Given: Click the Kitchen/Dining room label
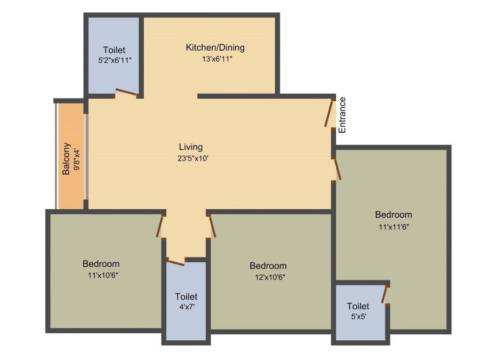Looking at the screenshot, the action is (x=215, y=47).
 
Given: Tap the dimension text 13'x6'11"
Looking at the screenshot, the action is (x=217, y=59).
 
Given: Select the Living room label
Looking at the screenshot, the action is (x=191, y=147).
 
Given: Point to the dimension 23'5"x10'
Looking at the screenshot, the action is (x=193, y=158).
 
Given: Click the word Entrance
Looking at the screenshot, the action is (x=342, y=115).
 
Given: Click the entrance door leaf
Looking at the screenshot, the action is (x=329, y=113).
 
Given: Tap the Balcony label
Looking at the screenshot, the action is (x=66, y=158).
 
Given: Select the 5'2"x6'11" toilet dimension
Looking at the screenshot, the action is (x=115, y=60).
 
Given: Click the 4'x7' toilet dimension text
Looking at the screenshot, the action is (x=187, y=307).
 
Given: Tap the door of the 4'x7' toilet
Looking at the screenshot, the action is (x=177, y=262).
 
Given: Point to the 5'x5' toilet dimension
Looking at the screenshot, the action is (x=359, y=316).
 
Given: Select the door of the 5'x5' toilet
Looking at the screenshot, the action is (x=385, y=294).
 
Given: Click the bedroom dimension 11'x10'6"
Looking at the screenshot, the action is (x=103, y=275).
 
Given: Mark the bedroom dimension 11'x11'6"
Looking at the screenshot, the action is (x=394, y=227).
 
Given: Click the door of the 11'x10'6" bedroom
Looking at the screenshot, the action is (x=159, y=227).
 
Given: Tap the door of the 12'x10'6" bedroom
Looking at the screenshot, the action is (x=212, y=227).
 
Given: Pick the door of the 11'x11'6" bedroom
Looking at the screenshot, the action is (x=338, y=169).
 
